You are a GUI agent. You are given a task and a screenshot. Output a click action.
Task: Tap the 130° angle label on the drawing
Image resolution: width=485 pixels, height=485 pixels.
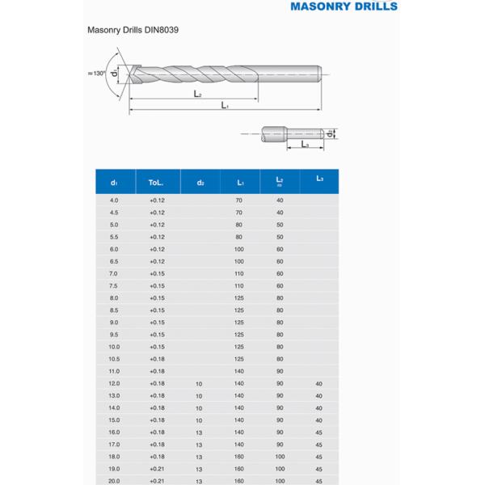point(98,74)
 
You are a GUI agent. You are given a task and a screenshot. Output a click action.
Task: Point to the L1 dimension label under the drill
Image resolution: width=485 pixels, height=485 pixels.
point(225,106)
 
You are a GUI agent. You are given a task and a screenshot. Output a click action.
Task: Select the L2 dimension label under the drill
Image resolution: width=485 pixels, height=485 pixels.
point(197,94)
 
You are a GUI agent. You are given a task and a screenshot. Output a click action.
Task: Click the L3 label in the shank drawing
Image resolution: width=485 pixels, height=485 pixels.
point(305,144)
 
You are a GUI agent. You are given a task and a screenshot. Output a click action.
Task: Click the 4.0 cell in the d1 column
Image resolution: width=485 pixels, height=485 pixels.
point(114,200)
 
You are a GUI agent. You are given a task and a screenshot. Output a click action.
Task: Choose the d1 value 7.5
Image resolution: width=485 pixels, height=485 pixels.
point(114,285)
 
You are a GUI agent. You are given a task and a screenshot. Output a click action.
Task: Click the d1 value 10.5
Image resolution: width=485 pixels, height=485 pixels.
point(114,359)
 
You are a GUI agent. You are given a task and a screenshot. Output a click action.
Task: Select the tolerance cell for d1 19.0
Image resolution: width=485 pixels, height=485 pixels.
point(157,469)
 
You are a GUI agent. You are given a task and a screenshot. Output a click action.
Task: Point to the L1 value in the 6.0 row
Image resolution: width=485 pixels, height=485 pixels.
point(239,249)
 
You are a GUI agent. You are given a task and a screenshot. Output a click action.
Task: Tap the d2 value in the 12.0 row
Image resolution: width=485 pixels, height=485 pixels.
point(200,383)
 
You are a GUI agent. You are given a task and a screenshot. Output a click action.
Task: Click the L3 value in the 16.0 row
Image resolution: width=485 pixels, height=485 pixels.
point(319,432)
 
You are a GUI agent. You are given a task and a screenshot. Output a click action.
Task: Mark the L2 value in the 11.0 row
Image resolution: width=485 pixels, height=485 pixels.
point(280,371)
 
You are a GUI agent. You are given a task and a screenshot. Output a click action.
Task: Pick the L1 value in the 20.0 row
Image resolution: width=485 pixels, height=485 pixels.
point(239,481)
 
